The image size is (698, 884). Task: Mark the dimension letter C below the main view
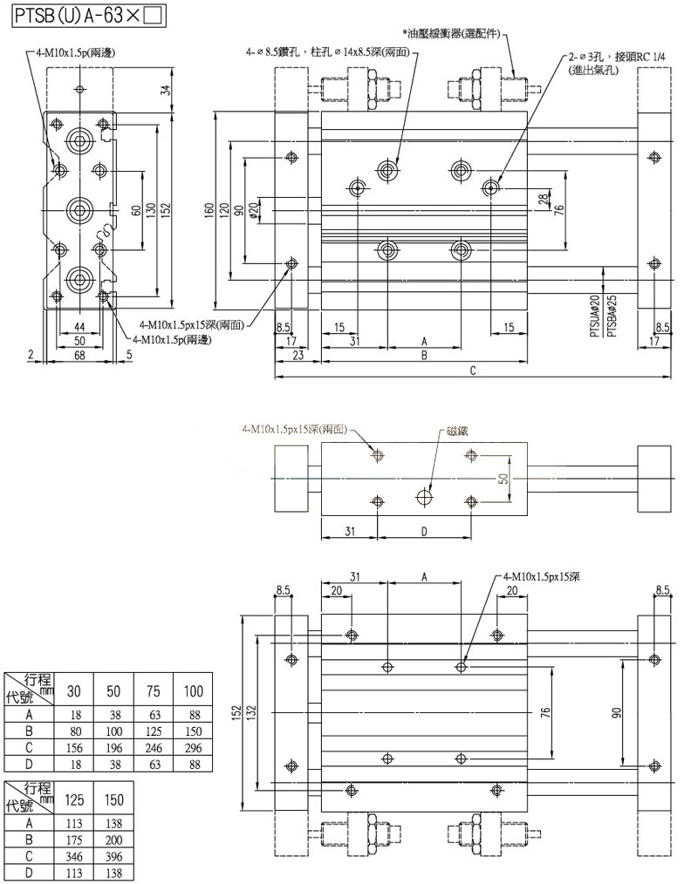point(472,371)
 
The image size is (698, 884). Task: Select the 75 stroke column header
point(153,691)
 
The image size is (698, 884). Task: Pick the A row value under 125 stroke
point(75,822)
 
